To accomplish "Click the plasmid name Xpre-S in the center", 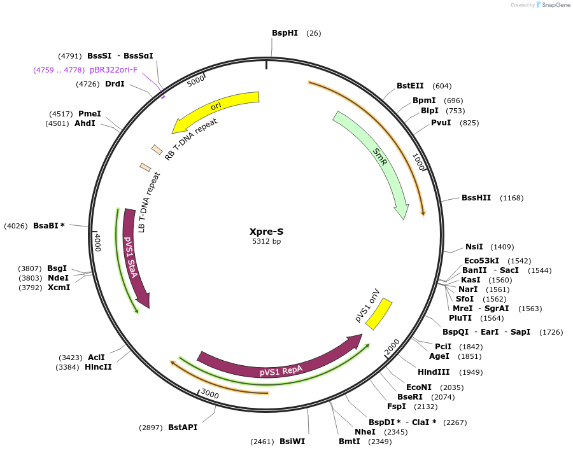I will pos(265,232).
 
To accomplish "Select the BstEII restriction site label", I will pos(410,86).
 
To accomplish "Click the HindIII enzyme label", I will pos(434,372).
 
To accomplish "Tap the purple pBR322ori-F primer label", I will pos(113,70).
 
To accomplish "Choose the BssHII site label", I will pos(476,198).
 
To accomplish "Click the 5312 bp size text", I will pos(265,242).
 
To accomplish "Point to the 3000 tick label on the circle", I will pos(210,394).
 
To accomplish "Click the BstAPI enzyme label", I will pos(183,428).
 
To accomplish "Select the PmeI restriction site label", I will pos(90,114).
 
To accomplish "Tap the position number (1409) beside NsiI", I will pos(502,247).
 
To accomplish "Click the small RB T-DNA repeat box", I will pos(157,150).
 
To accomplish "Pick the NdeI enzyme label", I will pos(58,277).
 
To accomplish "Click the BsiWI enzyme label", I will pos(292,441).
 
